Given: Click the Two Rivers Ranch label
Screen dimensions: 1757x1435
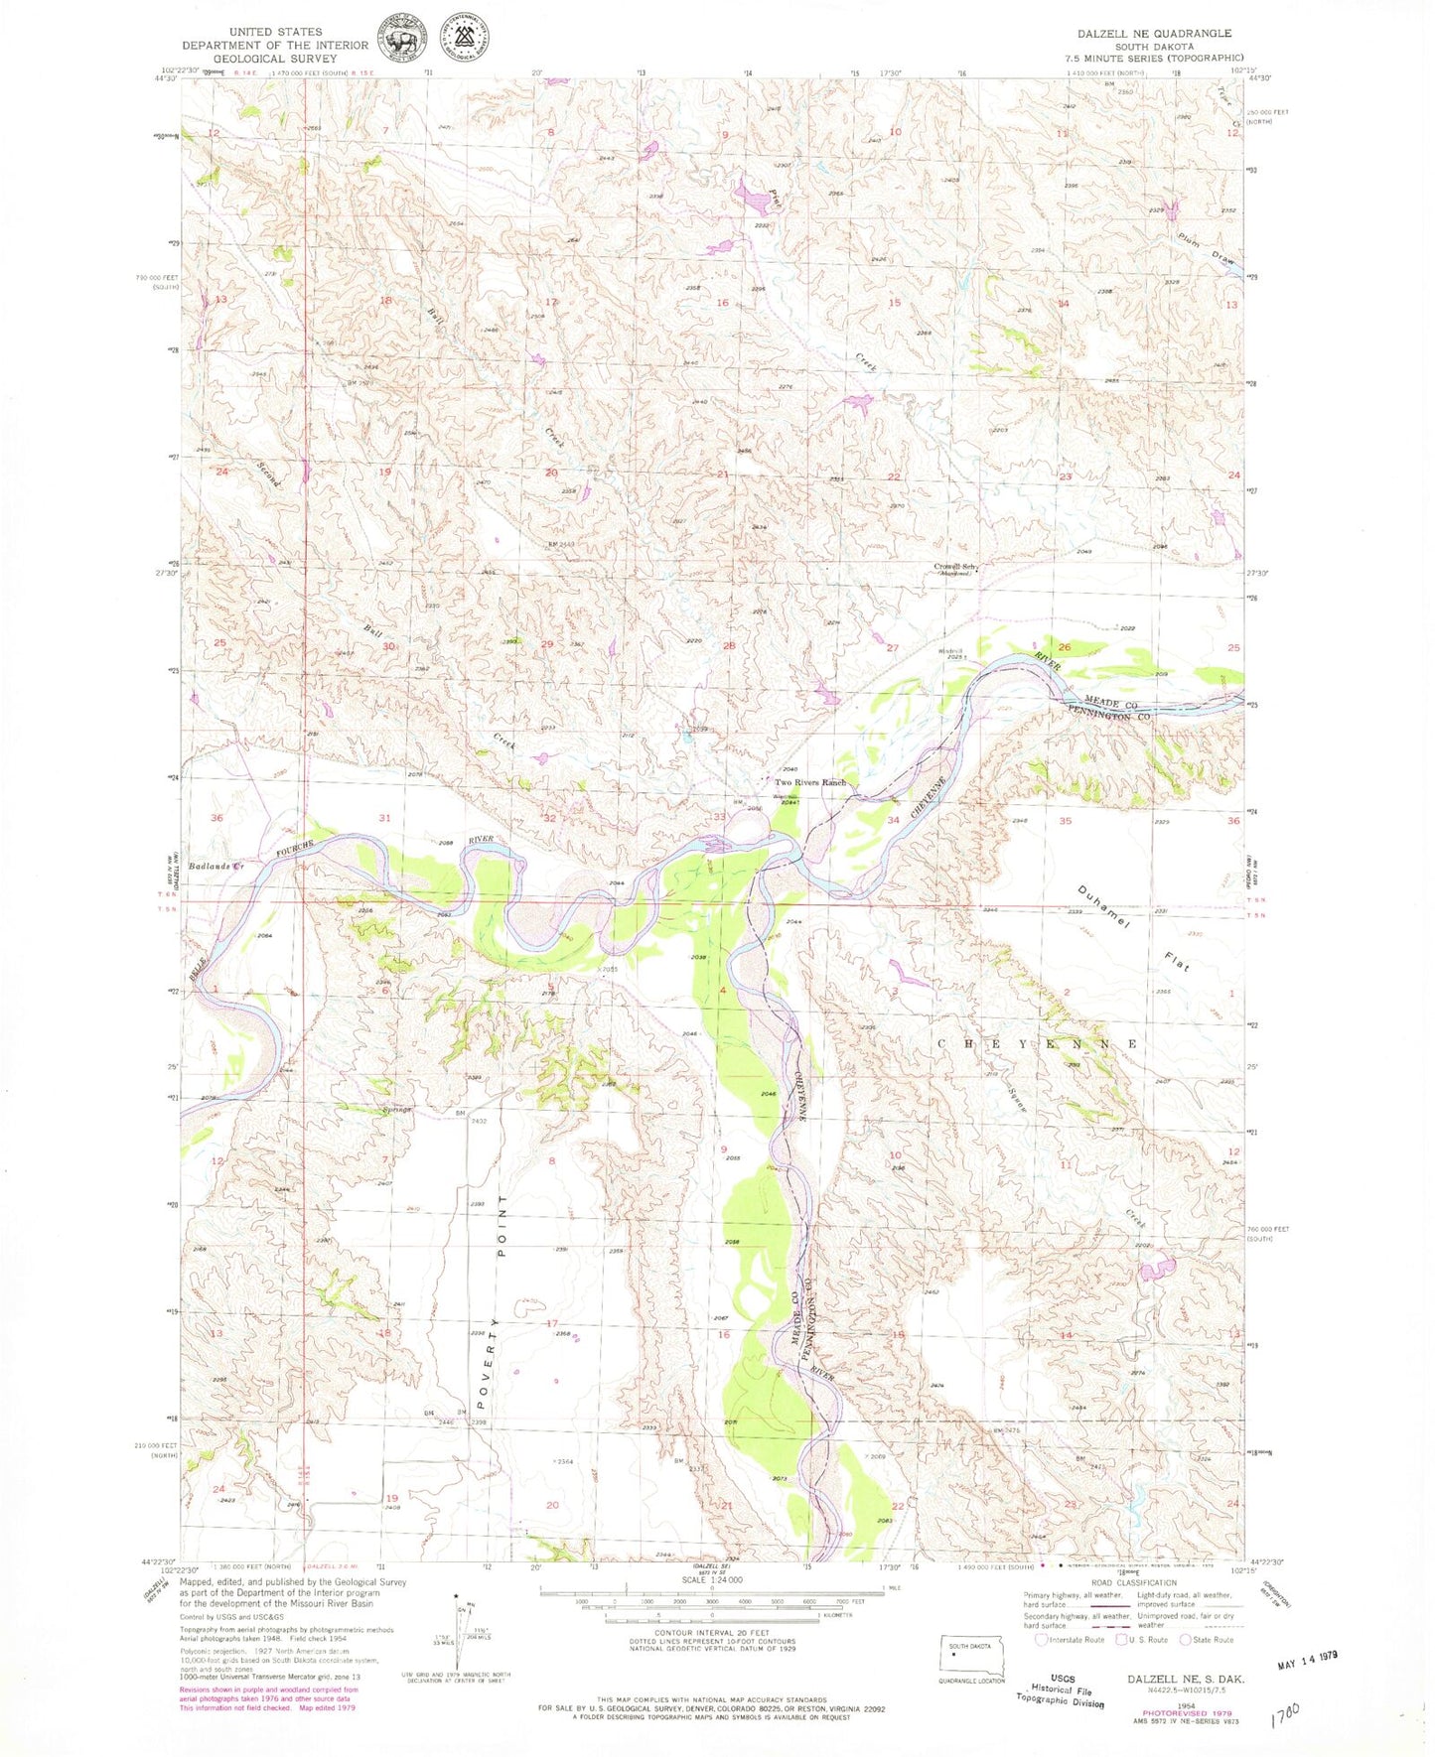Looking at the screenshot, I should pos(809,783).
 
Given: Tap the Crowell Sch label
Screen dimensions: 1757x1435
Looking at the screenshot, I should pos(955,567).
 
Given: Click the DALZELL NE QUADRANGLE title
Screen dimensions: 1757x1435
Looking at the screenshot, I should pos(1154,33).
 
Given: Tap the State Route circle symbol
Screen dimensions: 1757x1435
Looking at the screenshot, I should pos(1185,1640).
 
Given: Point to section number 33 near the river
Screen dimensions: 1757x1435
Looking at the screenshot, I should pos(719,816).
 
